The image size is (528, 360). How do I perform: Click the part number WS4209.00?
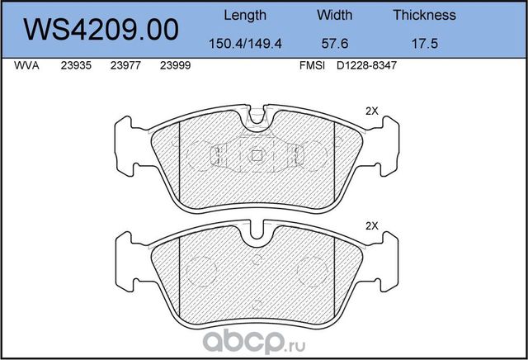click(102, 29)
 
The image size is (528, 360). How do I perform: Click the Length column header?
click(245, 15)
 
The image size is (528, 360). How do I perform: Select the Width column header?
click(334, 15)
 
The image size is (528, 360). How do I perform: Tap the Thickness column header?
click(424, 15)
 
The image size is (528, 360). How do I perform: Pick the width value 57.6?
click(334, 41)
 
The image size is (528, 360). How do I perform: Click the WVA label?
click(26, 70)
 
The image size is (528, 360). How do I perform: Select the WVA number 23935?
click(75, 70)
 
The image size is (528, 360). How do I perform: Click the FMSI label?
click(310, 70)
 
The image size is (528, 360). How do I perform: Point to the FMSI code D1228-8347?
click(363, 70)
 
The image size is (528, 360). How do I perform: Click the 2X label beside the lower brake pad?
click(370, 225)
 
